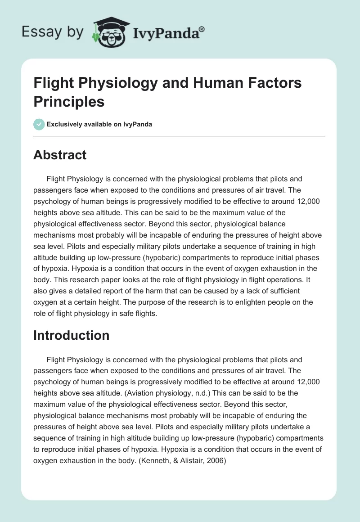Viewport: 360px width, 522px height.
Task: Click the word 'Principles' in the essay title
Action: point(69,101)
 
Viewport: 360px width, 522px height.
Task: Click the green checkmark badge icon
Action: point(39,124)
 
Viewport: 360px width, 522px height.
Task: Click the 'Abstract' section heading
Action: point(60,155)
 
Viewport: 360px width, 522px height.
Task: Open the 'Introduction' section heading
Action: point(71,335)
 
